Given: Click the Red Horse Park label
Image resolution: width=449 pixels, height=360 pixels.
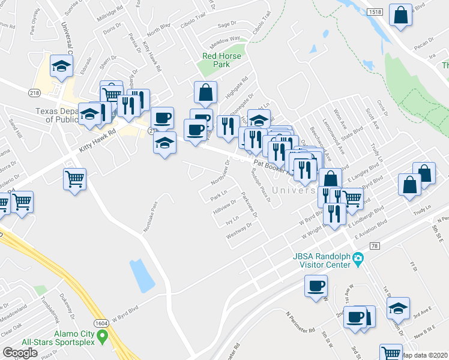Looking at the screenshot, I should pyautogui.click(x=221, y=60).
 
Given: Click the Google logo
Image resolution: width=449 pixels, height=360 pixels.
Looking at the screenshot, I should pyautogui.click(x=20, y=353).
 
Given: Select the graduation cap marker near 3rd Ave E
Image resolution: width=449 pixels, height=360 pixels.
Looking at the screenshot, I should pyautogui.click(x=397, y=308).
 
